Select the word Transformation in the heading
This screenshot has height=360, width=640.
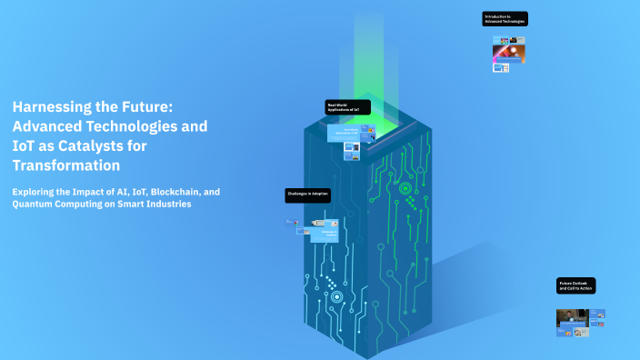[x=65, y=165]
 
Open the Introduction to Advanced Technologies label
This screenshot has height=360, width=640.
[x=505, y=19]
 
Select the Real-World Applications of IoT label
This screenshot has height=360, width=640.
[x=348, y=107]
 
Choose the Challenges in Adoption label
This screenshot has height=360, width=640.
[x=306, y=195]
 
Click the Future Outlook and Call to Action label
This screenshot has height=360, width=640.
[x=576, y=286]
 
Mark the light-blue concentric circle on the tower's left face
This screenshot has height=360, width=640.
[x=336, y=296]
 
